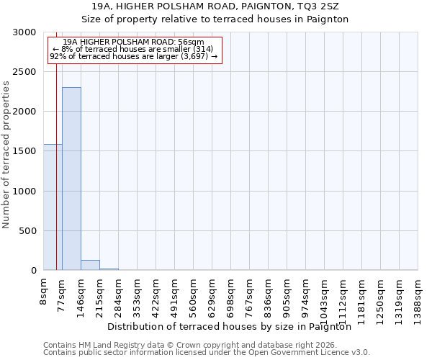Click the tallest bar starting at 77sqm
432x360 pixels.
click(71, 179)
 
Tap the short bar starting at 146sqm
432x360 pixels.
click(90, 265)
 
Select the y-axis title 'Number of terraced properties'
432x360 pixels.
click(6, 154)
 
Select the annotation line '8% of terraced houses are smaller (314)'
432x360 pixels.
click(133, 49)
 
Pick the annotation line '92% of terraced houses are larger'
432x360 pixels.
click(133, 56)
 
